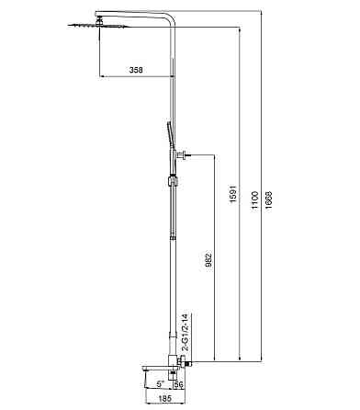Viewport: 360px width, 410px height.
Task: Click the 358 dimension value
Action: pyautogui.click(x=135, y=71)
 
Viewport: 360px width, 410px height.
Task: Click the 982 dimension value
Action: pyautogui.click(x=208, y=263)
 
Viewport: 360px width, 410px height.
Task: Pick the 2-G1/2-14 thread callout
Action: pyautogui.click(x=160, y=331)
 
